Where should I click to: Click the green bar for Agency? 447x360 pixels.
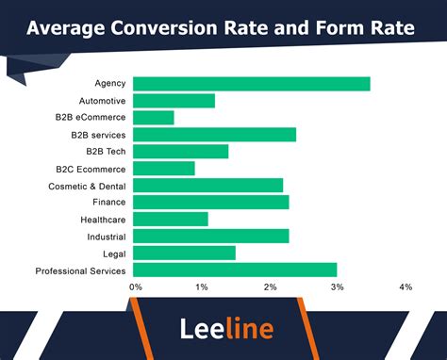251,84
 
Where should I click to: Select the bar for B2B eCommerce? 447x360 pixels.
154,118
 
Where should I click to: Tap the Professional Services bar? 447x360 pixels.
235,270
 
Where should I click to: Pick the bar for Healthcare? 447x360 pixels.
171,220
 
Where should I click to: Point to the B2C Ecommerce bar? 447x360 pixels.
164,169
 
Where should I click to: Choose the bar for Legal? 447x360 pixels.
184,254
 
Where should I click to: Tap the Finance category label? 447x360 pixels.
109,203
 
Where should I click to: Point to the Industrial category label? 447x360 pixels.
106,237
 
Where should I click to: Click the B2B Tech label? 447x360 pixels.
106,152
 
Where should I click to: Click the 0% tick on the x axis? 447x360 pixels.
136,286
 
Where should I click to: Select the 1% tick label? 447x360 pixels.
202,286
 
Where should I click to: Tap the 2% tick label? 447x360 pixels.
270,286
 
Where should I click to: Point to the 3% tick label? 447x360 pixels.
338,286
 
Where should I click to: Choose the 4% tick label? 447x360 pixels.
406,286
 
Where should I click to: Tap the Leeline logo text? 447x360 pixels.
226,329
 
